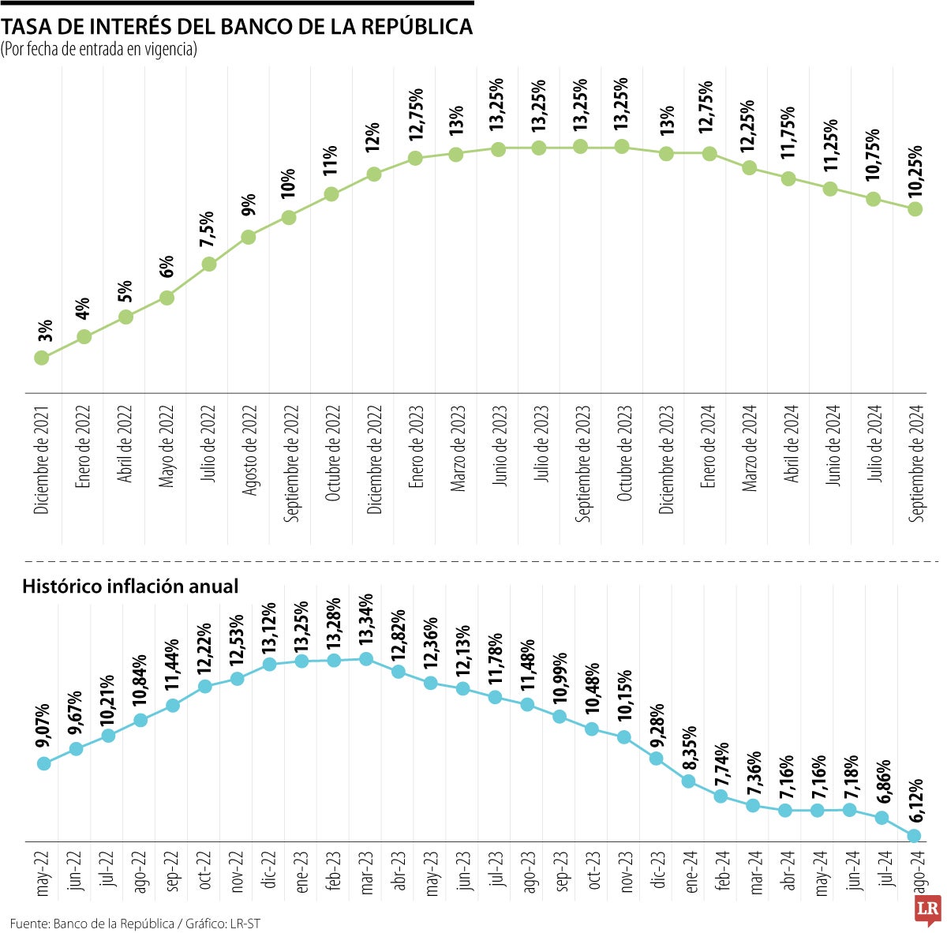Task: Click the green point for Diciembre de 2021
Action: pos(42,358)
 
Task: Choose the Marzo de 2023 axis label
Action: pos(458,449)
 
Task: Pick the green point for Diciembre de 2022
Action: pos(374,174)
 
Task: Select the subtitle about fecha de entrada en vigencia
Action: pos(99,50)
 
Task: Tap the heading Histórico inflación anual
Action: pos(130,586)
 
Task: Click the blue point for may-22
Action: pos(44,763)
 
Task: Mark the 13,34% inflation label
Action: pos(365,622)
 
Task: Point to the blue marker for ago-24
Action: pos(915,835)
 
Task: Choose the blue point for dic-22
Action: pos(269,664)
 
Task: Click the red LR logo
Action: pos(926,909)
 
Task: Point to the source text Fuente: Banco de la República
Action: pos(92,923)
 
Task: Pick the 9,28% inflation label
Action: pos(655,726)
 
